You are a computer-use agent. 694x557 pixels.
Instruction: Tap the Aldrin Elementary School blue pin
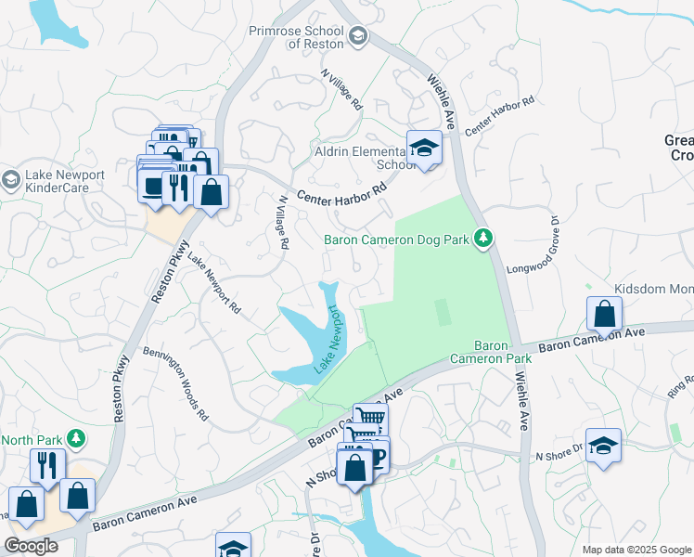[424, 149]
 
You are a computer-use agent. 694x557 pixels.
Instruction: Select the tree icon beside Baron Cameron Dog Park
[482, 240]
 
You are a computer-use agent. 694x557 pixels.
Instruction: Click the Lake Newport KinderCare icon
[11, 178]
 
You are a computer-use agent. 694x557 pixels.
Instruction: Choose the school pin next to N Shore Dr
[603, 446]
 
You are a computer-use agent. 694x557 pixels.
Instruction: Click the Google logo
[30, 546]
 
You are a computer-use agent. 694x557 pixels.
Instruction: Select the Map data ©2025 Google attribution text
[636, 549]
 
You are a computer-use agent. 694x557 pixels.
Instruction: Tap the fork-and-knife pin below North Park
[46, 464]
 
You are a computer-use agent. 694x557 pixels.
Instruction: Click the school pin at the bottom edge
[233, 547]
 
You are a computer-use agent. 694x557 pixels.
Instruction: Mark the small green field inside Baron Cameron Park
[443, 312]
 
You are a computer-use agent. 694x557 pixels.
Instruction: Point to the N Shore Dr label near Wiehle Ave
[557, 456]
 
